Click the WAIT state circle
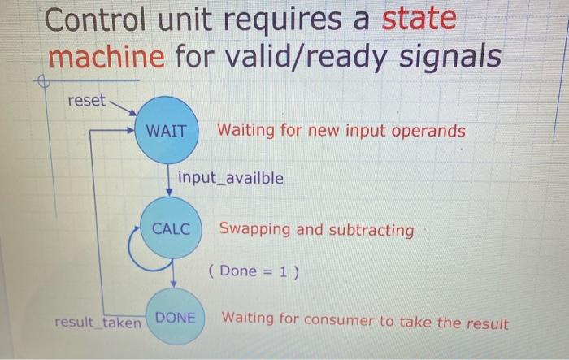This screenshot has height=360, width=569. pyautogui.click(x=167, y=130)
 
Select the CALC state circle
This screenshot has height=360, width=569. pyautogui.click(x=171, y=228)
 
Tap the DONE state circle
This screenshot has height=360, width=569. pyautogui.click(x=176, y=316)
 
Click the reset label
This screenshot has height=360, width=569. pyautogui.click(x=86, y=101)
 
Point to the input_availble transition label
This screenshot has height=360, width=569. pyautogui.click(x=231, y=178)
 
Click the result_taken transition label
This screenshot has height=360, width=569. pyautogui.click(x=98, y=323)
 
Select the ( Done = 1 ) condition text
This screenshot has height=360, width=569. pyautogui.click(x=254, y=271)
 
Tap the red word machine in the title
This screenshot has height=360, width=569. pyautogui.click(x=106, y=56)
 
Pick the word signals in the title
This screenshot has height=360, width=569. pyautogui.click(x=450, y=56)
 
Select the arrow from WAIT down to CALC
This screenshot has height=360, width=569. pyautogui.click(x=169, y=180)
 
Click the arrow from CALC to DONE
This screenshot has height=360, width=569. pyautogui.click(x=173, y=273)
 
